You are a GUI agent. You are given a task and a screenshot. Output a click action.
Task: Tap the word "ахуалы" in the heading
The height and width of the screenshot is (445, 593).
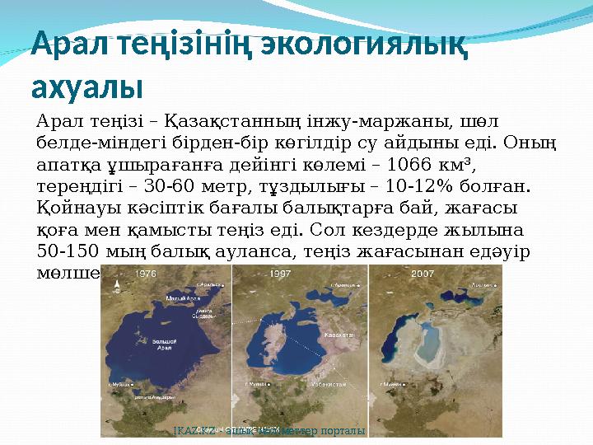pos(86,86)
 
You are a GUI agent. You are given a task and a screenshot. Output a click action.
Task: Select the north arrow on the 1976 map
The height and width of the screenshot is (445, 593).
pos(117,284)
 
